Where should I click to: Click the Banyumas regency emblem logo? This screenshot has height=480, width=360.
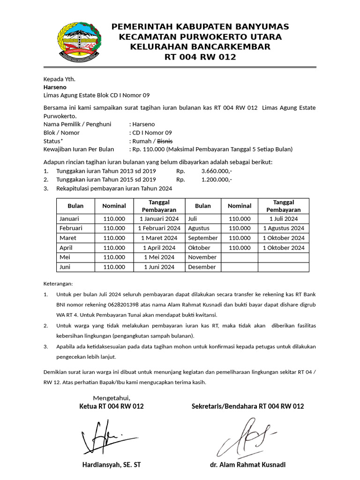pyautogui.click(x=78, y=42)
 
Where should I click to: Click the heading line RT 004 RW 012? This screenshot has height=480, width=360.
pyautogui.click(x=200, y=57)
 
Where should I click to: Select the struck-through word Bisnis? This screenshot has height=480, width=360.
pyautogui.click(x=165, y=141)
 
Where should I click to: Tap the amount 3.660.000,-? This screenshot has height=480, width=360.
pyautogui.click(x=217, y=171)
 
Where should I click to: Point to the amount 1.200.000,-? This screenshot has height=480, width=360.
pyautogui.click(x=217, y=180)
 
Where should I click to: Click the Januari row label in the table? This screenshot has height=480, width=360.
pyautogui.click(x=69, y=218)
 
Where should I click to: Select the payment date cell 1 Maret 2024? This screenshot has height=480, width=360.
pyautogui.click(x=159, y=238)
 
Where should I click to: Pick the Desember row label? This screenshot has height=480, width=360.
pyautogui.click(x=202, y=267)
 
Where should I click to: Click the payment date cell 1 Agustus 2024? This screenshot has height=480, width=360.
pyautogui.click(x=284, y=228)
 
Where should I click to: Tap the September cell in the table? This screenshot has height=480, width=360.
pyautogui.click(x=203, y=238)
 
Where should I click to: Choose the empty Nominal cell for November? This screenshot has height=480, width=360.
pyautogui.click(x=239, y=257)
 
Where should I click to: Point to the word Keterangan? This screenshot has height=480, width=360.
pyautogui.click(x=58, y=284)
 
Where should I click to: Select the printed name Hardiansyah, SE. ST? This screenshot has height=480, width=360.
pyautogui.click(x=111, y=465)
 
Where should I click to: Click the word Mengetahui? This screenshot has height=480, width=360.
pyautogui.click(x=111, y=398)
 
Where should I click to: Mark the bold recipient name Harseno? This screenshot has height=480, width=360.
pyautogui.click(x=55, y=87)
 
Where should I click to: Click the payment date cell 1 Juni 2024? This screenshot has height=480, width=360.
pyautogui.click(x=159, y=267)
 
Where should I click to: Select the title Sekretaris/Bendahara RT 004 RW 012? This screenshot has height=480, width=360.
pyautogui.click(x=247, y=406)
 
